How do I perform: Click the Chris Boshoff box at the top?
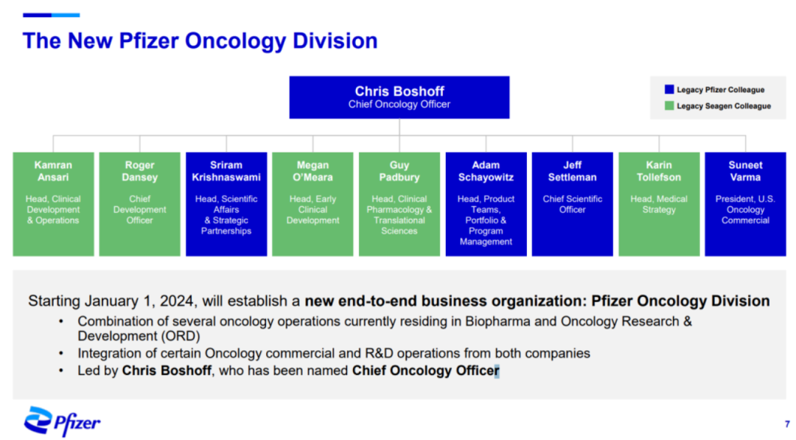[399, 97]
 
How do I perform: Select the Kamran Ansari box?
[53, 204]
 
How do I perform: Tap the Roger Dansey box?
[139, 204]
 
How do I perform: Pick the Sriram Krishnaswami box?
[226, 204]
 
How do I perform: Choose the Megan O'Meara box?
[313, 204]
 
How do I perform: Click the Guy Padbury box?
[399, 204]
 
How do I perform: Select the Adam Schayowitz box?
[486, 204]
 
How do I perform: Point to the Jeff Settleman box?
[572, 204]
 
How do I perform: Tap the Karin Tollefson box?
[659, 204]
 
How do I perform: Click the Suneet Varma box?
[745, 204]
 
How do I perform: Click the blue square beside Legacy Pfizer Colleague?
[669, 89]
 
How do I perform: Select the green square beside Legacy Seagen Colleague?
[669, 105]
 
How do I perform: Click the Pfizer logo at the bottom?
[62, 422]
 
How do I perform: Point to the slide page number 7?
[787, 424]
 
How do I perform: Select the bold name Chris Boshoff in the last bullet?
[167, 371]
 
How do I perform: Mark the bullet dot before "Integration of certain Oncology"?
[61, 353]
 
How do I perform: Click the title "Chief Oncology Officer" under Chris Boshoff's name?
[399, 105]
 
